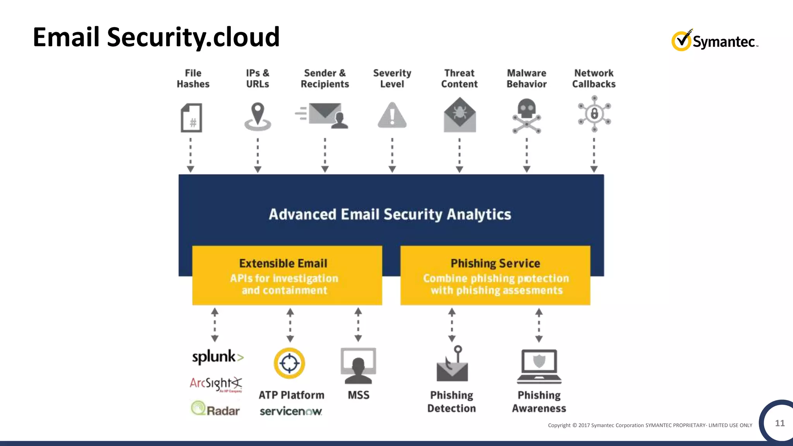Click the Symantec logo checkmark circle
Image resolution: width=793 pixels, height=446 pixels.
click(x=681, y=41)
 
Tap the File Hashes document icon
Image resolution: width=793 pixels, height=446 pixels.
click(x=192, y=118)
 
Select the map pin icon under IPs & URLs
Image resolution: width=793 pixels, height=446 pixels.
click(x=258, y=116)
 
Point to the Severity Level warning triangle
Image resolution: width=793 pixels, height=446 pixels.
click(x=392, y=116)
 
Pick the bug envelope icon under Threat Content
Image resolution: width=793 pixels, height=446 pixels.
click(x=460, y=115)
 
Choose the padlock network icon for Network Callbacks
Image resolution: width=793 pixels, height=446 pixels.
click(x=594, y=114)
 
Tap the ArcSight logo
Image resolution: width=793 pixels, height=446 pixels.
click(x=216, y=384)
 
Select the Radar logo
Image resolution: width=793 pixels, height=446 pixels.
click(x=216, y=409)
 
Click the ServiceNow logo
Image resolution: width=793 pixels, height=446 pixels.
click(x=291, y=411)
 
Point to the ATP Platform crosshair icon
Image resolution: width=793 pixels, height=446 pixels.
click(x=290, y=363)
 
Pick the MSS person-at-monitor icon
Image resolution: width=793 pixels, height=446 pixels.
click(x=358, y=365)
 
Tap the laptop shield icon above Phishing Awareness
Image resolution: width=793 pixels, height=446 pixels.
click(x=539, y=366)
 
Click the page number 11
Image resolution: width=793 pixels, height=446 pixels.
click(x=780, y=423)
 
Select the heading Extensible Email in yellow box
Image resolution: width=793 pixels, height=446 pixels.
click(x=283, y=263)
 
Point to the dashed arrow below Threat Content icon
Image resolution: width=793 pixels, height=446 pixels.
click(x=460, y=155)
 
